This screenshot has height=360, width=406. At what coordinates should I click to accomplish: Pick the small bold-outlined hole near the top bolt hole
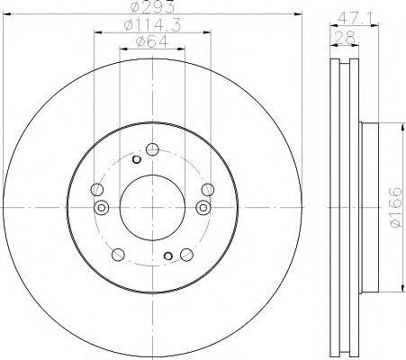[136, 160]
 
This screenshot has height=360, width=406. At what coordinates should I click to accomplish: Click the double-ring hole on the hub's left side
[101, 209]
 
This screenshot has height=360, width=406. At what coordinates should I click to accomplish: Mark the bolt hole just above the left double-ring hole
[95, 188]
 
